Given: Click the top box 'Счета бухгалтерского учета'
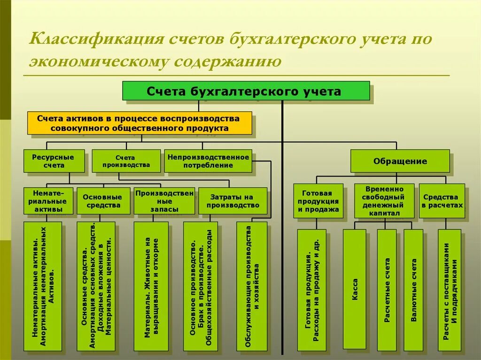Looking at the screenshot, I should click(246, 91).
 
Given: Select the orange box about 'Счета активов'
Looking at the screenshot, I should click(139, 123).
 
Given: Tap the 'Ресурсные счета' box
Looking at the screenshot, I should click(54, 161).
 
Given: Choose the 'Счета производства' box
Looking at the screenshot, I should click(126, 161).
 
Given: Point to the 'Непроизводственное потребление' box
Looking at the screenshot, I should click(208, 161).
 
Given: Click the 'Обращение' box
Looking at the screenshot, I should click(400, 161).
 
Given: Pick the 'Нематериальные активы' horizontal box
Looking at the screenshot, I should click(48, 201).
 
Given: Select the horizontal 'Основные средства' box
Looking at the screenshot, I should click(103, 201).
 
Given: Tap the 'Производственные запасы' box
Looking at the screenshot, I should click(164, 201).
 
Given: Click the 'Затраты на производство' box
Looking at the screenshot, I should click(233, 201).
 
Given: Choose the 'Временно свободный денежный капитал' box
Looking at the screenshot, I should click(384, 200).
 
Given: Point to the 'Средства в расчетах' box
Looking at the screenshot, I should click(442, 201).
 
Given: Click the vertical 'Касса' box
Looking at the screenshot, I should click(354, 289).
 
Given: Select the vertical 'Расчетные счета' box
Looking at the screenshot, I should click(387, 289).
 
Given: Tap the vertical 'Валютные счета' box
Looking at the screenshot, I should click(413, 289).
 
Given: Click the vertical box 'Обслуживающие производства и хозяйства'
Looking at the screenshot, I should click(252, 286).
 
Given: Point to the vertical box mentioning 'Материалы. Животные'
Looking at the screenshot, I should click(151, 286).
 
